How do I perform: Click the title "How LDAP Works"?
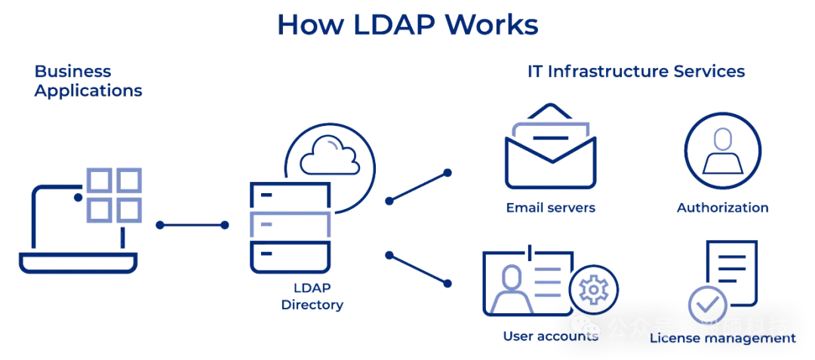(407, 24)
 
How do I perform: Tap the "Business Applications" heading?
(88, 82)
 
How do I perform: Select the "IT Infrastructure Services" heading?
(635, 72)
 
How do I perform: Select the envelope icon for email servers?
(550, 151)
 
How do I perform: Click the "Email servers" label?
(551, 208)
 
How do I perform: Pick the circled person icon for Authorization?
(722, 149)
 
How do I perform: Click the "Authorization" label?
(722, 208)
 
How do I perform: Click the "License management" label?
(722, 339)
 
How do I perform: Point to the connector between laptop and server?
(192, 225)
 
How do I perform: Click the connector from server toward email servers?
(418, 187)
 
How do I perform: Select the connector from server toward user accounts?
(418, 269)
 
